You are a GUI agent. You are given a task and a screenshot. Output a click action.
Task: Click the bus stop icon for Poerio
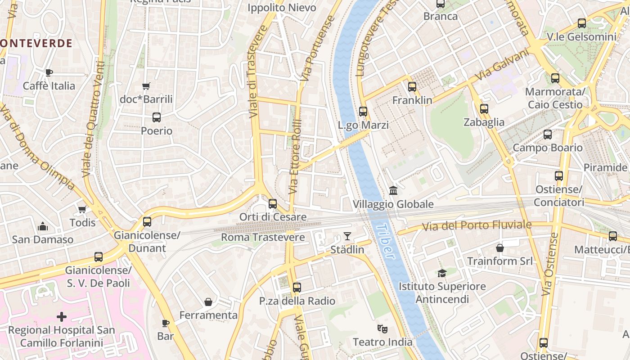click(157, 117)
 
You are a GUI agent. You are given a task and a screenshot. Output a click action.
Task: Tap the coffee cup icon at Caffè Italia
click(49, 72)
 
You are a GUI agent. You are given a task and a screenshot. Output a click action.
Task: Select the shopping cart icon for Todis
click(82, 209)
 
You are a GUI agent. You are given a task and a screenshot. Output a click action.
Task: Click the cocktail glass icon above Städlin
click(347, 236)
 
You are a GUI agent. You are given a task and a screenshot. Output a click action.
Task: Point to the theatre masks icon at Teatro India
click(382, 329)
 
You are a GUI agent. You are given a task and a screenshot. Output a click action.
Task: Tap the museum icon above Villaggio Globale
click(393, 191)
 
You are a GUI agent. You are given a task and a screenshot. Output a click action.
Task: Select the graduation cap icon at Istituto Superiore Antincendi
click(442, 273)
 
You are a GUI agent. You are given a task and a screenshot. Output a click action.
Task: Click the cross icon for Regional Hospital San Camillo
click(62, 317)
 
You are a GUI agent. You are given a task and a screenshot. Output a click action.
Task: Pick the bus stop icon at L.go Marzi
click(363, 112)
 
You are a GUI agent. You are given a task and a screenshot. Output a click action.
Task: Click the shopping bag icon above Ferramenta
click(208, 302)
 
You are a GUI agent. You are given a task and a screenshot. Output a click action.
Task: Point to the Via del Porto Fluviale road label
click(477, 225)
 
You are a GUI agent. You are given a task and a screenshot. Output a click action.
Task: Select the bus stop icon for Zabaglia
click(484, 109)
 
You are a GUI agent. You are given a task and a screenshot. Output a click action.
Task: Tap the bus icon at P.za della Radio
click(297, 288)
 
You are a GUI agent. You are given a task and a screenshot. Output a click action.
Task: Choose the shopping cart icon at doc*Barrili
click(146, 86)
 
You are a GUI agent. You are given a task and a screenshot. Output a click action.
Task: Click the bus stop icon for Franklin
click(412, 87)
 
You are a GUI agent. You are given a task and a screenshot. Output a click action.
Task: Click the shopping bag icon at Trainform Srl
click(500, 248)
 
